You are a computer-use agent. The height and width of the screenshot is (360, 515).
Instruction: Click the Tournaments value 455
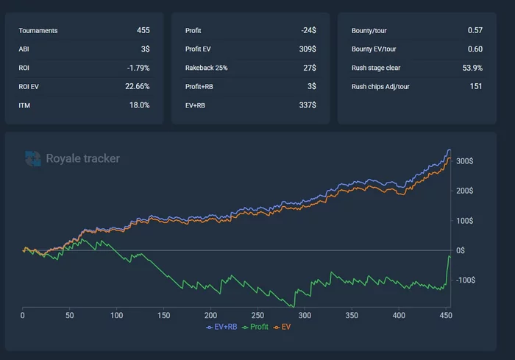(143, 30)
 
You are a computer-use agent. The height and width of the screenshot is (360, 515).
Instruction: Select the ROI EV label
(30, 86)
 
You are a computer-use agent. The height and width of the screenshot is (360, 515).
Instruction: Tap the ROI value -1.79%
(138, 68)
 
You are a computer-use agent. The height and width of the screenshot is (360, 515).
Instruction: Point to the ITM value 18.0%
(140, 105)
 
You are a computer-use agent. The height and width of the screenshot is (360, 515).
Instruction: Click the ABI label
(25, 49)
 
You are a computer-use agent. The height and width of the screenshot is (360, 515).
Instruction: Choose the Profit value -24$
(308, 30)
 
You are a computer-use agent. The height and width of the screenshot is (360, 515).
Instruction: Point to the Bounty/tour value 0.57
(475, 30)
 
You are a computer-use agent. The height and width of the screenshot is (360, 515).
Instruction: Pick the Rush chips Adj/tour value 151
(476, 86)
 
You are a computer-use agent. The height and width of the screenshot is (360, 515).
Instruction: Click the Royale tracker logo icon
(33, 158)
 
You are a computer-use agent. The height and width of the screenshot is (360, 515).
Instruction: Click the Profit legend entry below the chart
(257, 326)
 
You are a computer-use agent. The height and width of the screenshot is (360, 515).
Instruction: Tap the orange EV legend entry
(284, 326)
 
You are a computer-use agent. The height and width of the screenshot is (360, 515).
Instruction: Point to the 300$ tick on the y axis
(464, 161)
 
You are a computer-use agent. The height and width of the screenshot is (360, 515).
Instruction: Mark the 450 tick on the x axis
(445, 315)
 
